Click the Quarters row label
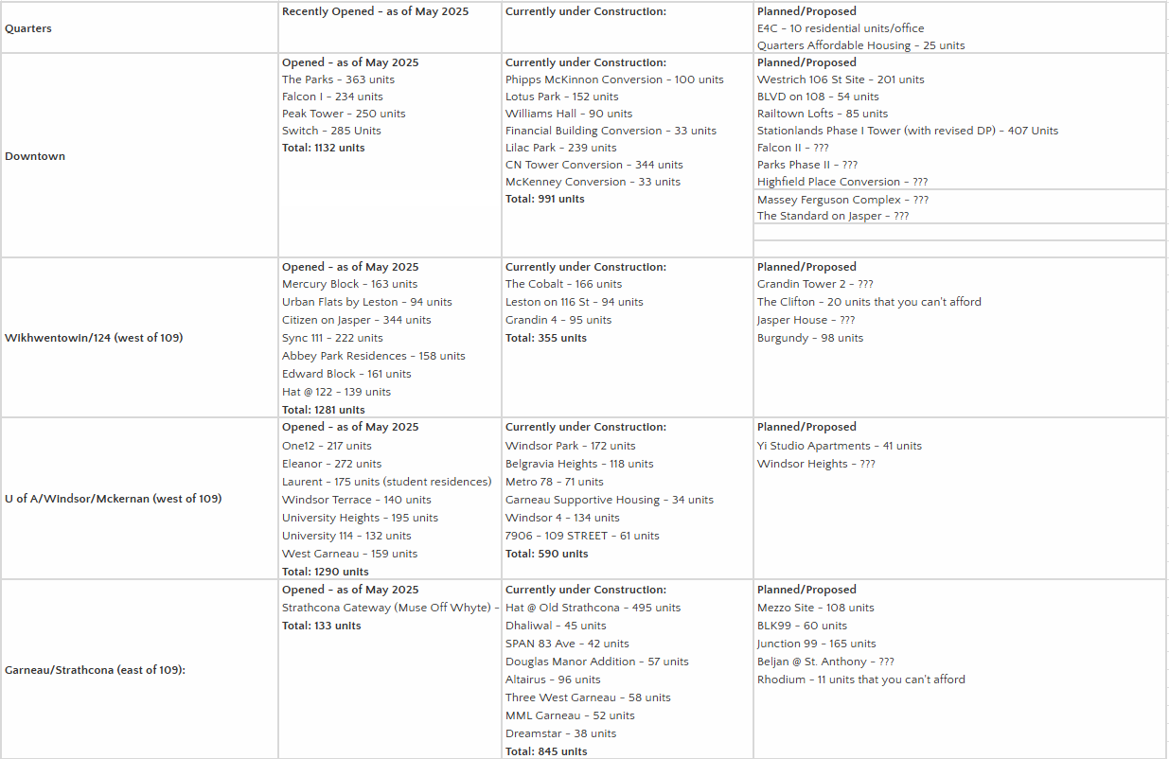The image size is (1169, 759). pos(28,28)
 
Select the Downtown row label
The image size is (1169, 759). pos(35,156)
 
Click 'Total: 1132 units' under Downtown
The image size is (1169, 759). pos(323,148)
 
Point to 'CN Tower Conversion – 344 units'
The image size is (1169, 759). pos(593,165)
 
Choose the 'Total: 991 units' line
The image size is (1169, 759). pos(544,199)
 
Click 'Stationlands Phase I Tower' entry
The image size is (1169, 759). pos(907,131)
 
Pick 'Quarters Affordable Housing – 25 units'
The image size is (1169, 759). pos(860,45)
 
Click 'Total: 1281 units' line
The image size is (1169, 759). pos(323,410)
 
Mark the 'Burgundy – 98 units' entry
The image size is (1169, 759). pos(809,338)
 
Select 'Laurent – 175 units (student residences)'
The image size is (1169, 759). pos(386,482)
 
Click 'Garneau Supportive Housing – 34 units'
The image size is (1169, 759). pos(609,500)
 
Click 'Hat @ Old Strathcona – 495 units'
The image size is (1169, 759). pos(593,608)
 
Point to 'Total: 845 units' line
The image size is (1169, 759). pos(545,751)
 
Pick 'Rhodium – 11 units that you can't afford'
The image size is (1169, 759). pos(860,680)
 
